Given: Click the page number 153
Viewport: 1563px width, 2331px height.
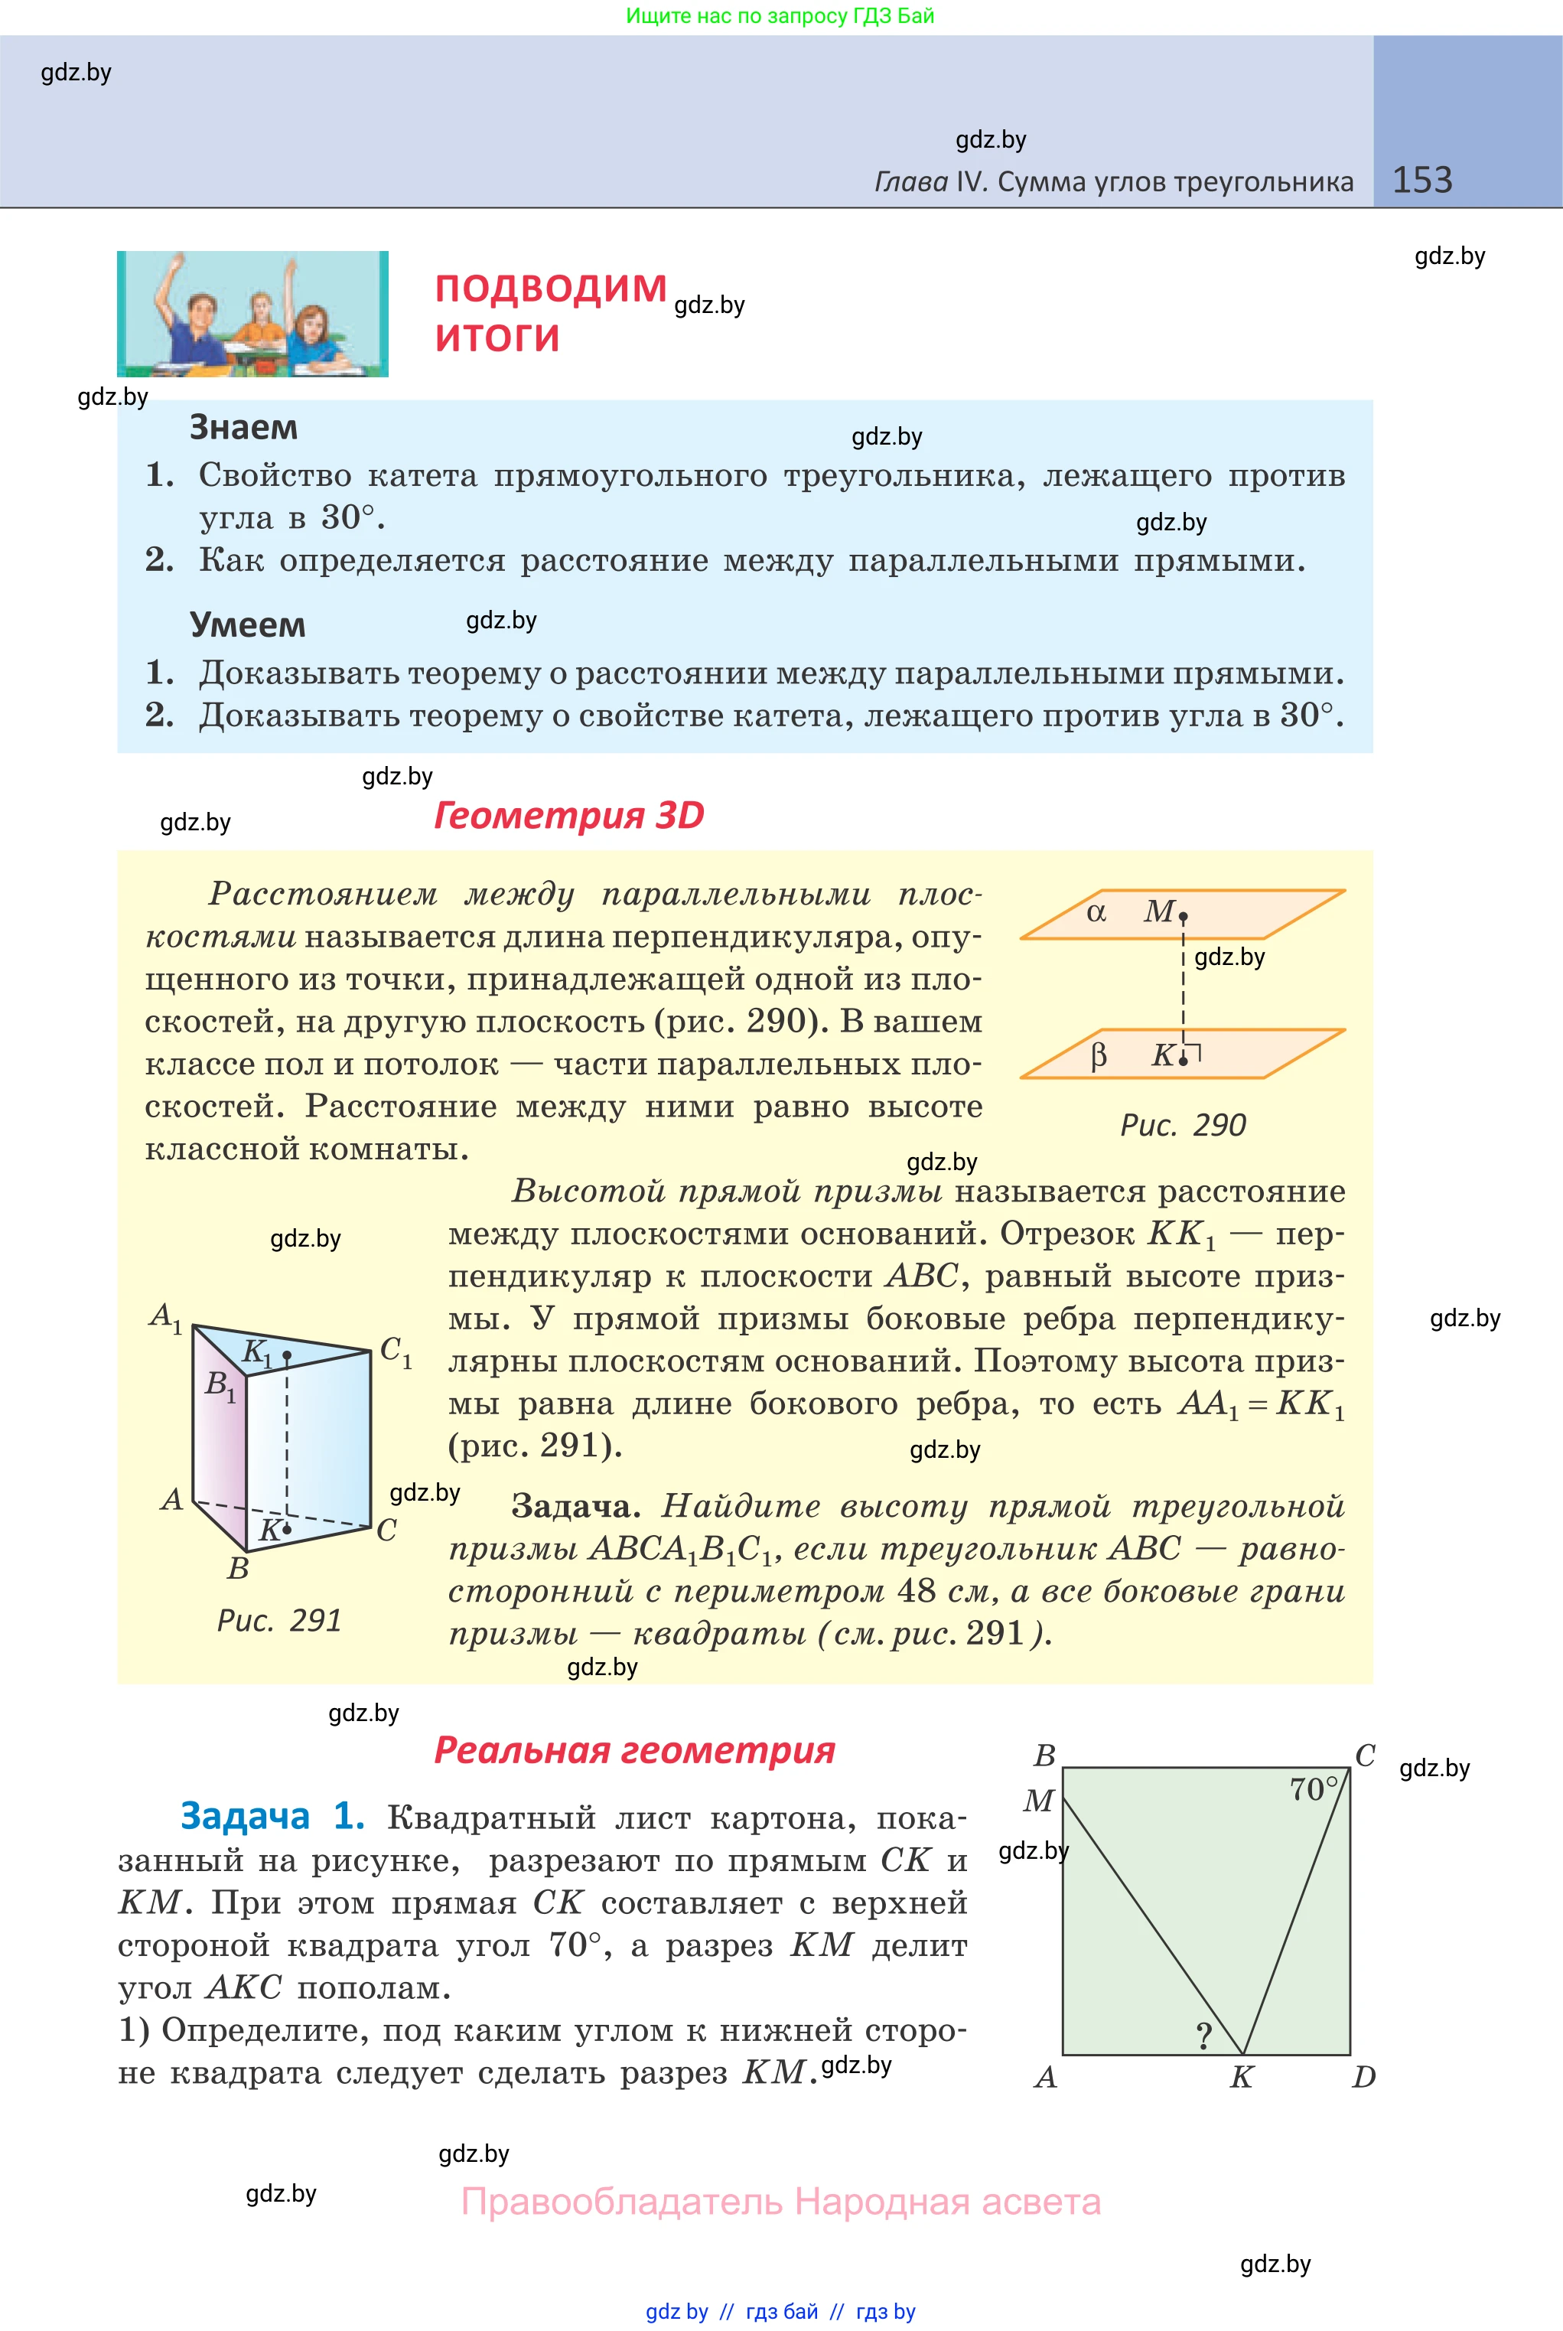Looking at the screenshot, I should pos(1421,181).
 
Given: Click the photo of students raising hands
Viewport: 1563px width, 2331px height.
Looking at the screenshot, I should pos(252,314).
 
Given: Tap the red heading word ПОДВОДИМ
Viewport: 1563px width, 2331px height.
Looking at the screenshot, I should pos(550,289).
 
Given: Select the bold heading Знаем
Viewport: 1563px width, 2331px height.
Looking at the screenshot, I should pos(243,428).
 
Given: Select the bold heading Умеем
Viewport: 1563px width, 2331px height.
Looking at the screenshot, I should pos(247,625).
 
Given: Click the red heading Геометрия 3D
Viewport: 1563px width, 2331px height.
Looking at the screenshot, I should pos(568,816).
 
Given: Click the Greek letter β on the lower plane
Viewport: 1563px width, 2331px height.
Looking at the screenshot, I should pos(1099,1055).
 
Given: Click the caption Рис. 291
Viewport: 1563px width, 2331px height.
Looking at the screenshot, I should pos(279,1621).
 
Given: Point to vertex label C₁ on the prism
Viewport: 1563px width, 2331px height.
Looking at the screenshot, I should pos(396,1352).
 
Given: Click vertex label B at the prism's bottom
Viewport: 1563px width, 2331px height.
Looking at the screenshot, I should pos(237,1568).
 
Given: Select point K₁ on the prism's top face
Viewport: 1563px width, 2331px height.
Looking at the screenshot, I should pos(286,1356).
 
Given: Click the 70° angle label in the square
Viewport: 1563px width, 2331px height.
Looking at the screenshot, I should pos(1313,1790).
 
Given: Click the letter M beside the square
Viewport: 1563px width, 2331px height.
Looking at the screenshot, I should pos(1037,1801).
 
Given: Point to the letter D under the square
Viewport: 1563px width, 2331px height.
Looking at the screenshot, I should pos(1363,2078).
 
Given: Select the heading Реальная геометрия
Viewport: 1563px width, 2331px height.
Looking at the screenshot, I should pos(634,1751).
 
